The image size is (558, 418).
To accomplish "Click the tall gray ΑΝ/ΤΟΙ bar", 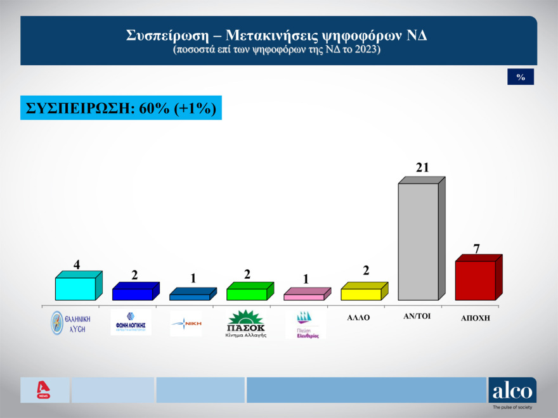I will click(x=418, y=241).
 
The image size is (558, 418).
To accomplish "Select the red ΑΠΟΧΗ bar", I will click(x=476, y=280).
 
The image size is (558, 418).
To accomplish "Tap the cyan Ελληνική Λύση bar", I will click(x=75, y=288).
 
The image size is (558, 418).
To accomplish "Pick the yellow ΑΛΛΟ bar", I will click(x=361, y=294).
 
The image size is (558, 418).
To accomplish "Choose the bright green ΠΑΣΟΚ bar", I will click(x=247, y=294).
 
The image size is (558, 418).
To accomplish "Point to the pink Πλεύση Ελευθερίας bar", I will click(x=304, y=296).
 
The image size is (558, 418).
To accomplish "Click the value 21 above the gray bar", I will click(x=422, y=168).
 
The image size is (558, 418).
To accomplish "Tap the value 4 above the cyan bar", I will click(x=77, y=264).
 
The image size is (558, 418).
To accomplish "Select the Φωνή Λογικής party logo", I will click(x=131, y=321).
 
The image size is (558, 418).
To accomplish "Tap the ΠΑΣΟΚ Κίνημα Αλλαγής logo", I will click(x=246, y=323).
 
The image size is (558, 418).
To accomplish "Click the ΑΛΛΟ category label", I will click(x=358, y=317).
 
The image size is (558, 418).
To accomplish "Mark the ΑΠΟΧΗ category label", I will click(x=475, y=319).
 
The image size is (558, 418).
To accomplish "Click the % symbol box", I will click(x=521, y=77).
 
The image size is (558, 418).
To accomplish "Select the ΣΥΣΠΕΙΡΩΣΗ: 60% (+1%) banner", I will click(x=121, y=108).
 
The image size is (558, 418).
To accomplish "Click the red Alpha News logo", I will click(x=44, y=390).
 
